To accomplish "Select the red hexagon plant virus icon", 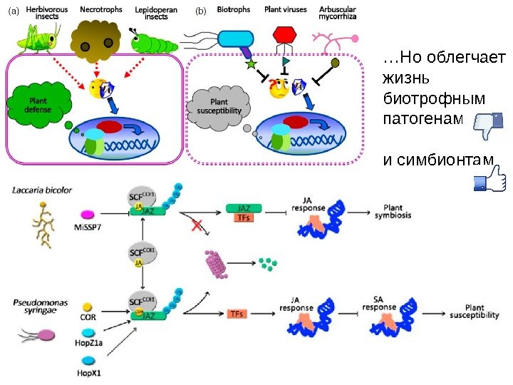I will point(285,36).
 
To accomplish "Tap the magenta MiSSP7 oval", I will point(89,214).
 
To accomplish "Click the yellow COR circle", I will point(88,307).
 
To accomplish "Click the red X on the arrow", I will point(197,225).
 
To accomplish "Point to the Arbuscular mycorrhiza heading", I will point(338,13).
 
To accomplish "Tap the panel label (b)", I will point(200,11).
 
